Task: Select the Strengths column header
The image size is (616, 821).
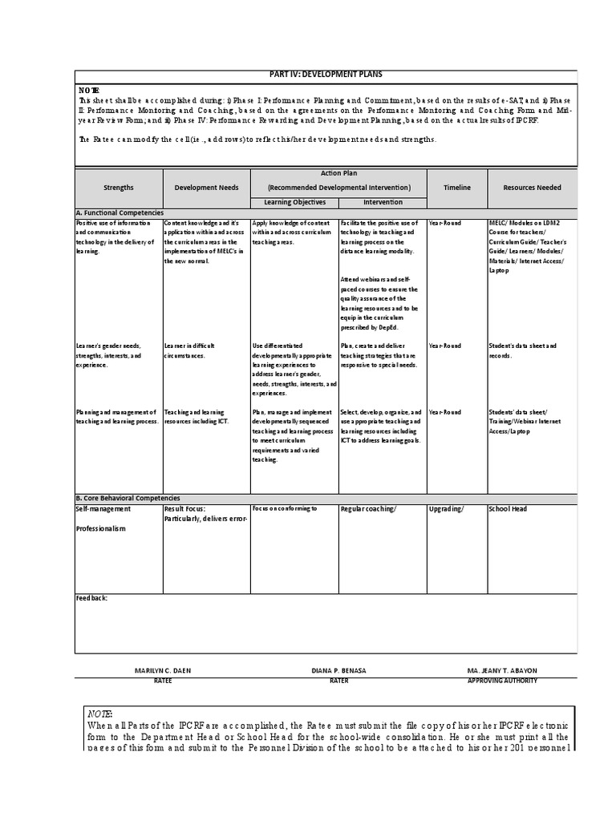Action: tap(119, 188)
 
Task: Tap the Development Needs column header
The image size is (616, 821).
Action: tap(207, 188)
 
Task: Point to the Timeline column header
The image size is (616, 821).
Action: tap(456, 188)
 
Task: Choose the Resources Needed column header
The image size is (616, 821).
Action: tap(532, 188)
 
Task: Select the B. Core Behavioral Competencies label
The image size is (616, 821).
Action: tap(128, 498)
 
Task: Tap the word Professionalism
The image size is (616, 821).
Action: tap(101, 528)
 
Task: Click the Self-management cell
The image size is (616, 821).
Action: tap(103, 508)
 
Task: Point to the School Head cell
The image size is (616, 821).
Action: tap(508, 508)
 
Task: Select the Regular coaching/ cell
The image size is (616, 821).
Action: tap(368, 508)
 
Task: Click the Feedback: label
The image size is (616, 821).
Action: tap(91, 597)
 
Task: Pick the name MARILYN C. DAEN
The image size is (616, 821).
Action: tap(163, 669)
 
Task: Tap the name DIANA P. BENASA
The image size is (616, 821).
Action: tap(339, 669)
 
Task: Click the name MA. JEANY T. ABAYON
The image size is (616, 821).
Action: tap(502, 669)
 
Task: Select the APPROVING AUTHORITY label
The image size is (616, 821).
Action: tap(502, 681)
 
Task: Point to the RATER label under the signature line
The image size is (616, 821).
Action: tap(339, 681)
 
